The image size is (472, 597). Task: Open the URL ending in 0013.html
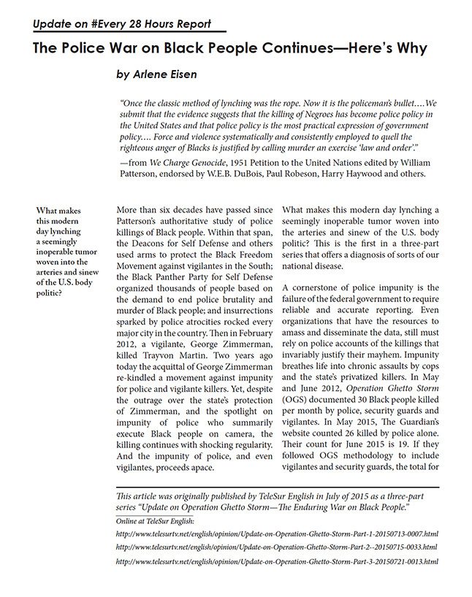tap(277, 561)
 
